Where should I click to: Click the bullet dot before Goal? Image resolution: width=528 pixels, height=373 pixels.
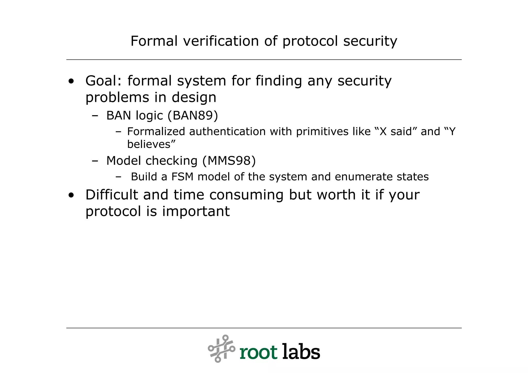coord(71,82)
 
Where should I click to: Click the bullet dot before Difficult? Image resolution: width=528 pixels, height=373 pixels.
coord(71,195)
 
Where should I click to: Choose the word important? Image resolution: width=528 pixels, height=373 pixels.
coord(196,211)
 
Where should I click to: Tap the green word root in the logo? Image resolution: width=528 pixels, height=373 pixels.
coord(258,352)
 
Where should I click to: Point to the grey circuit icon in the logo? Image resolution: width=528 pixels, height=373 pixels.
coord(221,349)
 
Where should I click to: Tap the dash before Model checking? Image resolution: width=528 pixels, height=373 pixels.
coord(95,161)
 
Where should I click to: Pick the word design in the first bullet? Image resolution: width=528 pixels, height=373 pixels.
coord(194,97)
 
